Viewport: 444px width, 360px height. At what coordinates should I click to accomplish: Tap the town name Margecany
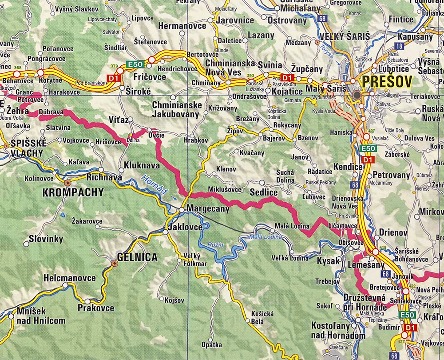click(x=208, y=208)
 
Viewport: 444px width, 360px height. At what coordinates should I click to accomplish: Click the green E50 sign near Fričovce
click(x=135, y=64)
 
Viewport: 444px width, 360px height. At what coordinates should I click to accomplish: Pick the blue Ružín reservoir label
click(x=216, y=244)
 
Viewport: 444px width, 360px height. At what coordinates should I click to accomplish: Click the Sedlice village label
click(x=263, y=192)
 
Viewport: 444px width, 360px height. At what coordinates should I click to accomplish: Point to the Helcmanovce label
click(x=70, y=278)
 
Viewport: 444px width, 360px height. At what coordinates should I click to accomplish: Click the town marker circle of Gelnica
click(x=114, y=264)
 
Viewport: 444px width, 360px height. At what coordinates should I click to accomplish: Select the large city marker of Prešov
click(x=357, y=95)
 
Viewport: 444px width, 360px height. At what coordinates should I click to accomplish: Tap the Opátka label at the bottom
click(x=211, y=344)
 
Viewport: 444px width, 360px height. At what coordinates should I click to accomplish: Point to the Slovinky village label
click(x=46, y=239)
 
